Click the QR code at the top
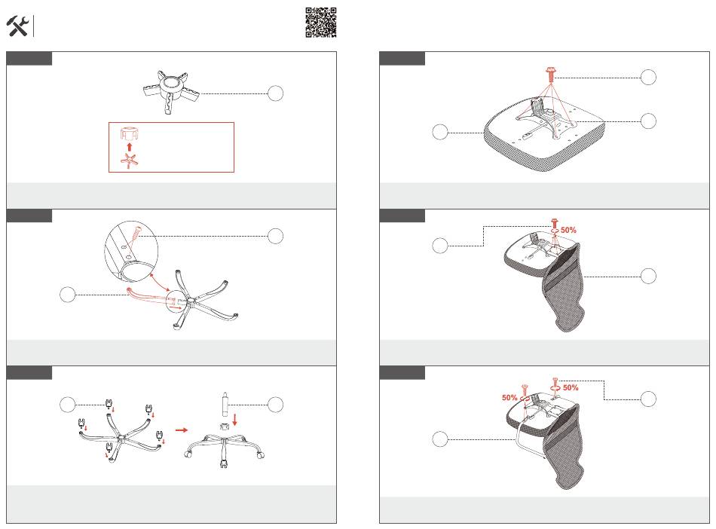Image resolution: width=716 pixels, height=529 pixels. [321, 23]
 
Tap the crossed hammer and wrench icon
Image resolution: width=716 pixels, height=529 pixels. [18, 26]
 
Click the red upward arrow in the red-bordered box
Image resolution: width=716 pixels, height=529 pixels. [129, 146]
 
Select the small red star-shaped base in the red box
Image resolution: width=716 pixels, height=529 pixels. [129, 161]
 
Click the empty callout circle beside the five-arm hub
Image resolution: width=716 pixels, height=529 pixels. [275, 93]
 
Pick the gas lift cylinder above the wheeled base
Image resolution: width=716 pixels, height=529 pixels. [225, 404]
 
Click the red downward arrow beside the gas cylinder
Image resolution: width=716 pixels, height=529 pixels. [234, 420]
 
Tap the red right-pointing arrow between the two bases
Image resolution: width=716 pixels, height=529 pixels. [182, 430]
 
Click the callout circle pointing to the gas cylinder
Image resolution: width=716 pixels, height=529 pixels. [275, 405]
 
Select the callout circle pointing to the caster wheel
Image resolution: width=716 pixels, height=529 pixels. [68, 405]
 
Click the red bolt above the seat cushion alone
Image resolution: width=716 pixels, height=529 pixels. [551, 74]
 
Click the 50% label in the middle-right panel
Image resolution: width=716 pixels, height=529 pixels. [568, 230]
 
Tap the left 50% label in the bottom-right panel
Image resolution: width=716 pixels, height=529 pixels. [509, 398]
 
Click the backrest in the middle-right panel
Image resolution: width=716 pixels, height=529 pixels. [564, 288]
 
